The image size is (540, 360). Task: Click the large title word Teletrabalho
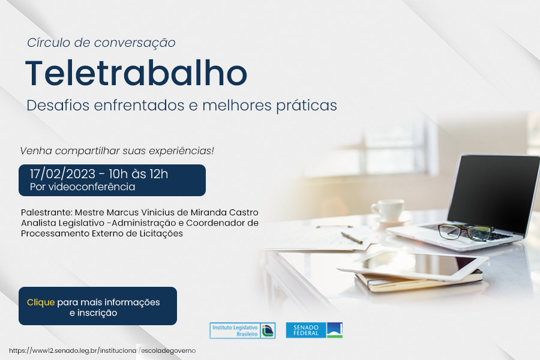click(x=136, y=73)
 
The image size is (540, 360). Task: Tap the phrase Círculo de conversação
click(x=101, y=43)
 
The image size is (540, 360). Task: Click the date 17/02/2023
click(x=62, y=174)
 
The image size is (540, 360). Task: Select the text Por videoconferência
click(x=82, y=187)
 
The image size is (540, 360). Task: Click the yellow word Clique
click(x=41, y=302)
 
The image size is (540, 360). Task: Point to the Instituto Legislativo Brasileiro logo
click(x=242, y=331)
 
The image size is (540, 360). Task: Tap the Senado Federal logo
click(x=314, y=331)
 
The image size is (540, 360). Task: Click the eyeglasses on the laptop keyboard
click(x=465, y=231)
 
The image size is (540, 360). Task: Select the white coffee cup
click(x=388, y=210)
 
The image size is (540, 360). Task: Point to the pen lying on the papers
click(x=352, y=238)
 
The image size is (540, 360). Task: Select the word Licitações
click(x=161, y=233)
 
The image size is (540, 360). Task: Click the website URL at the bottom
click(x=102, y=350)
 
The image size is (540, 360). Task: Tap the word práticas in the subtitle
click(x=307, y=106)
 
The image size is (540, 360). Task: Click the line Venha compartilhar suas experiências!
click(x=117, y=151)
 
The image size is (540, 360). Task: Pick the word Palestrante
click(x=46, y=212)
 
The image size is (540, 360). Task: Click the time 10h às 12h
click(x=139, y=174)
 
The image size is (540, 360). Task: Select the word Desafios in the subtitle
click(x=58, y=105)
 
